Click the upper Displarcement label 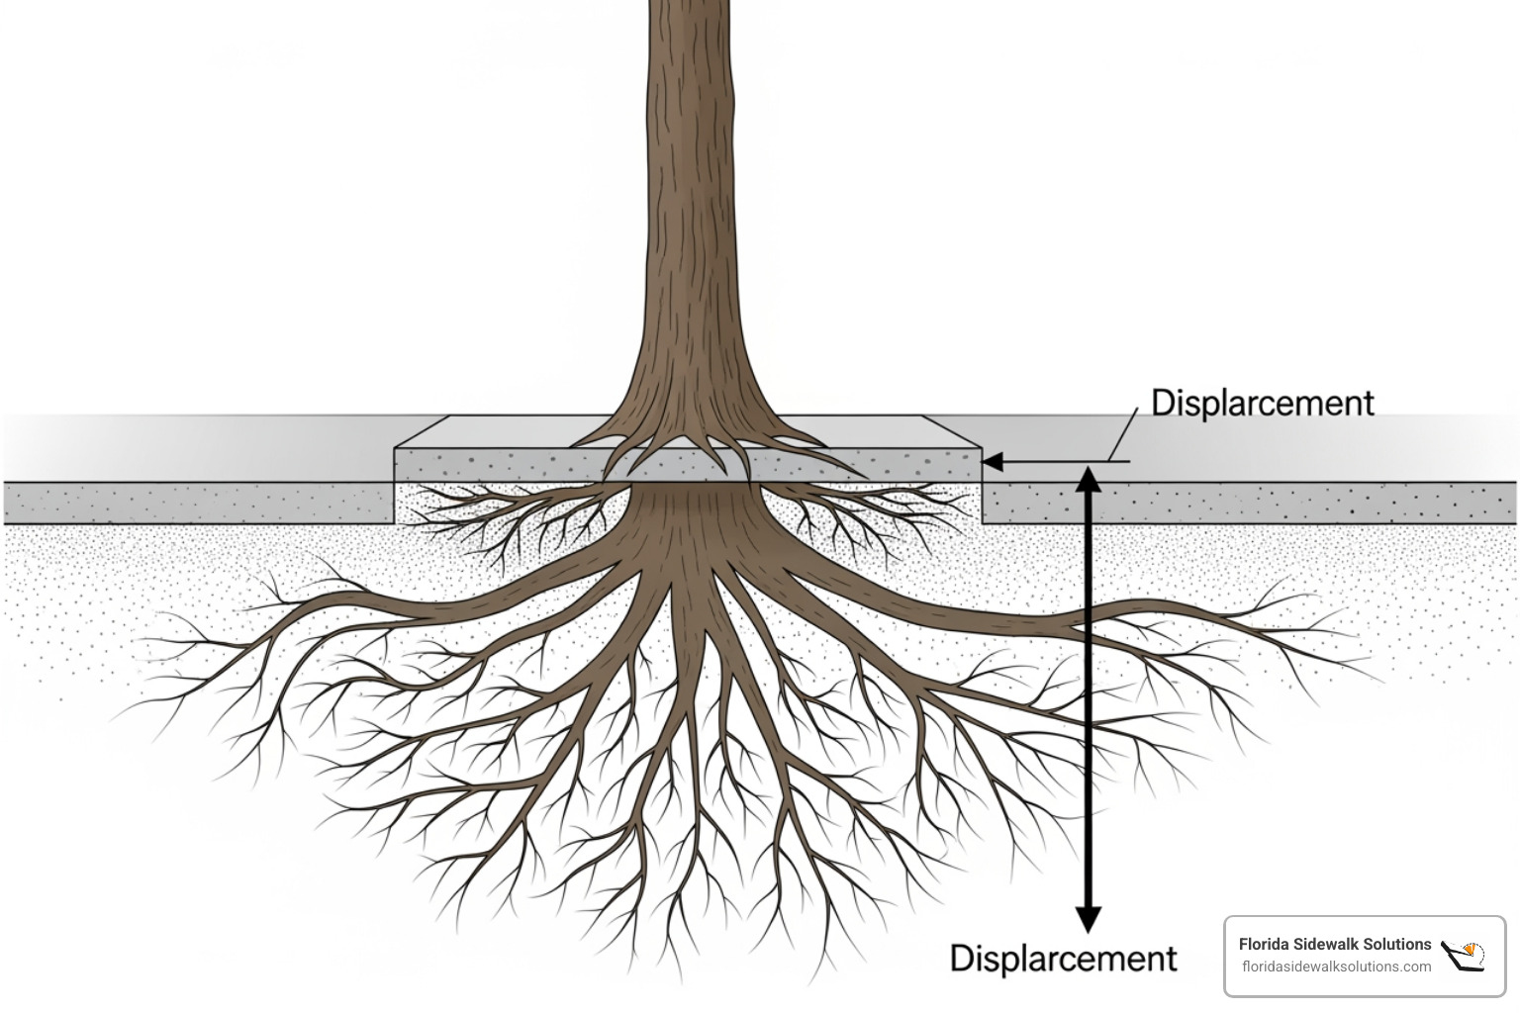[1262, 404]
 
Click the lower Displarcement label [1063, 959]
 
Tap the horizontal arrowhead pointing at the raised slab [992, 462]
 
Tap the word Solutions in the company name [1395, 945]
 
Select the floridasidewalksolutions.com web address [1336, 967]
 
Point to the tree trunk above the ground [693, 198]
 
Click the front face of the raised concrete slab [495, 465]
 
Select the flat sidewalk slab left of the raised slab [198, 503]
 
